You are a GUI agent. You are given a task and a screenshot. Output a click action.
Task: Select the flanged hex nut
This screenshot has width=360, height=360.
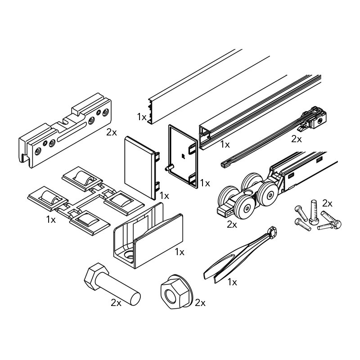pos(175,292)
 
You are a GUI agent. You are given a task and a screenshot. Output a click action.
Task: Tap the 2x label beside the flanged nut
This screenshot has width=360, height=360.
pos(200,303)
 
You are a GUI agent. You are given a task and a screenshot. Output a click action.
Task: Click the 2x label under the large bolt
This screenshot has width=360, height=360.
pos(116,303)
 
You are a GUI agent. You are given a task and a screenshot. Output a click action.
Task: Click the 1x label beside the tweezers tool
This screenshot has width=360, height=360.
pos(232,282)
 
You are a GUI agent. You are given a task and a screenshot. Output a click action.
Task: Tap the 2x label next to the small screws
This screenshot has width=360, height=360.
pos(327,203)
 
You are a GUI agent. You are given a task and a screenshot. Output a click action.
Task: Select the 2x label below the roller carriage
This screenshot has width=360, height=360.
pos(232,225)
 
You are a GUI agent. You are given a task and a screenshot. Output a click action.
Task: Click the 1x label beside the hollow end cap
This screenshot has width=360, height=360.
pos(205,183)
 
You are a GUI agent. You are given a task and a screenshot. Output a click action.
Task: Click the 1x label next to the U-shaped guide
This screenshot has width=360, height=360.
pos(180,252)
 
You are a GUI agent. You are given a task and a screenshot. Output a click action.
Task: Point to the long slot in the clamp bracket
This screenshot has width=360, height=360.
pos(72,131)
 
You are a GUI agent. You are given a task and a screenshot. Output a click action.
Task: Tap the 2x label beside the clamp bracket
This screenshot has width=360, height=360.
pos(112,132)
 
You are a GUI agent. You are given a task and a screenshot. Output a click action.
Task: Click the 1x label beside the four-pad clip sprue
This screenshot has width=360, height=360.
pos(51,220)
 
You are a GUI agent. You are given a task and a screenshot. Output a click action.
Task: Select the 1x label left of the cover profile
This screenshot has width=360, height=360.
pos(142,117)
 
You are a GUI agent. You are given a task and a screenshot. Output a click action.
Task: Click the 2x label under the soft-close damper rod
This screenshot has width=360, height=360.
pos(297,139)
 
